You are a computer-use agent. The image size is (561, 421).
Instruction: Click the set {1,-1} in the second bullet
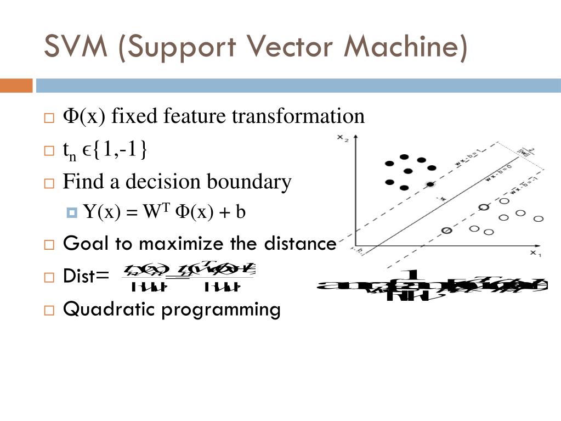point(116,149)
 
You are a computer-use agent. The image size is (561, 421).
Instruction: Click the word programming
point(220,310)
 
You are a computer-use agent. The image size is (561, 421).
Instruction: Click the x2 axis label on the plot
point(343,138)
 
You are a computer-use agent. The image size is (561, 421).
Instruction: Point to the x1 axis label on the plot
point(536,253)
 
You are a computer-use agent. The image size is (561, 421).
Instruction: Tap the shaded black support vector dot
point(430,184)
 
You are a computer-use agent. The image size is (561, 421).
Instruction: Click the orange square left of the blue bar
point(16,86)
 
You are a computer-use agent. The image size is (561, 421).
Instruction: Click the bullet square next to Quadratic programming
point(49,311)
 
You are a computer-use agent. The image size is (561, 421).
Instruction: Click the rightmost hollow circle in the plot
point(539,218)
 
